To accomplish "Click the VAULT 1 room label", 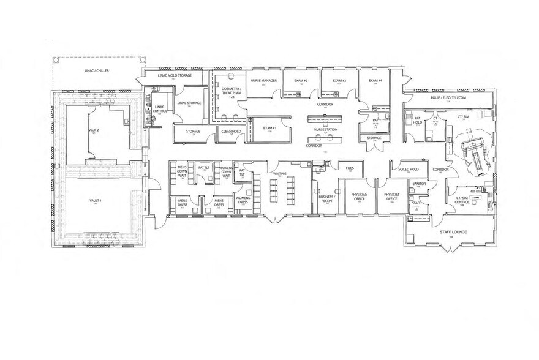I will (95, 200).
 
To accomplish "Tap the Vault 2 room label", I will (94, 132).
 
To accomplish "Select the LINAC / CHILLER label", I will (97, 71).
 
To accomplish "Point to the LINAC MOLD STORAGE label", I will (175, 75).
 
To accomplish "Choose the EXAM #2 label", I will (300, 81).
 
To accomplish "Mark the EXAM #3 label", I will (339, 81).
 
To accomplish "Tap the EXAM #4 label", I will (375, 81).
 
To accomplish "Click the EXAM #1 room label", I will (269, 128).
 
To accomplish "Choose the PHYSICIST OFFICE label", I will (391, 196).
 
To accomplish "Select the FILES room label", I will (350, 168).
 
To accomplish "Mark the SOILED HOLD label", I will (408, 168).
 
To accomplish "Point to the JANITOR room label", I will (420, 183).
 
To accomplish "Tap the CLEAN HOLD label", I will (231, 130).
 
